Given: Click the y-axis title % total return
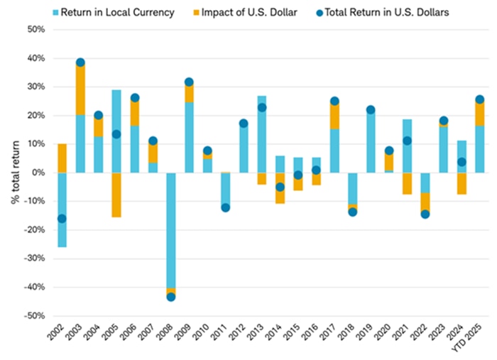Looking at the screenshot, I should tap(14, 173).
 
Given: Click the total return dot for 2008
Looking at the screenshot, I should tap(170, 297).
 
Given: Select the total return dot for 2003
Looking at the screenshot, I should tap(80, 62).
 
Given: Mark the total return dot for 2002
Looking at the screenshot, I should tap(62, 219).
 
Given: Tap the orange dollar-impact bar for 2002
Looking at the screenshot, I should tap(62, 158).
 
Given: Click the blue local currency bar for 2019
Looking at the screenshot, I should tap(370, 142).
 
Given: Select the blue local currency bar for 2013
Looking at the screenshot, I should tap(261, 134).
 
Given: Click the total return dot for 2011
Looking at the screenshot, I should tap(225, 207).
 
